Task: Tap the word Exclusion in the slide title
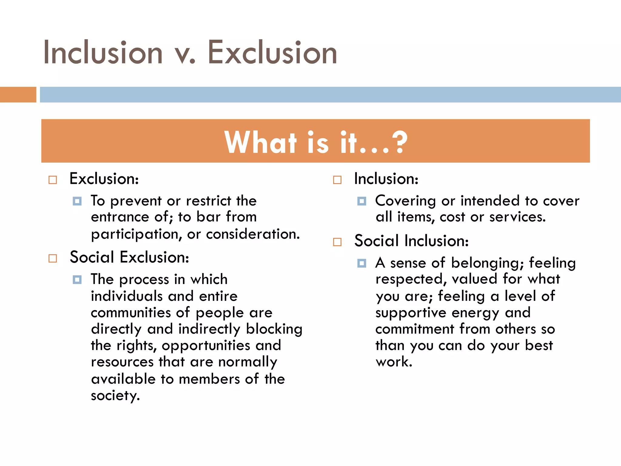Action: tap(272, 53)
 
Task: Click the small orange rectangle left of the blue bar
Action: tap(18, 95)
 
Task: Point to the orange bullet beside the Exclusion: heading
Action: tap(53, 180)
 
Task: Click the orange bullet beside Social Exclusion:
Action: tap(53, 258)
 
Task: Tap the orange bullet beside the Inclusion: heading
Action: tap(337, 180)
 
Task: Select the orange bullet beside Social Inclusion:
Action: tap(337, 242)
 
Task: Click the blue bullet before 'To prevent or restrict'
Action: tap(77, 201)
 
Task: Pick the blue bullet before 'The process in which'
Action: tap(77, 279)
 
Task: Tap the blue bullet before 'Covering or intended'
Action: tap(361, 201)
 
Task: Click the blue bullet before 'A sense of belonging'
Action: tap(361, 263)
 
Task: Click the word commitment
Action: tap(415, 329)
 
